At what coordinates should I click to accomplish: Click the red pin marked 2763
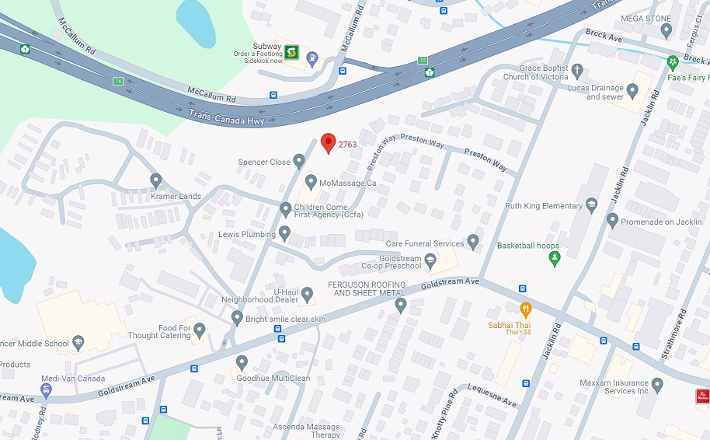pyautogui.click(x=328, y=142)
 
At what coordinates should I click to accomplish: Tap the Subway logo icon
pyautogui.click(x=291, y=52)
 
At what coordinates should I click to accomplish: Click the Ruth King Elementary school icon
pyautogui.click(x=591, y=205)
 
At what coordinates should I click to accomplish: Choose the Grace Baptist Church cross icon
pyautogui.click(x=576, y=72)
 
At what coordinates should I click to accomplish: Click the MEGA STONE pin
pyautogui.click(x=666, y=30)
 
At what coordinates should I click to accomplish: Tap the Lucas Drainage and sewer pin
pyautogui.click(x=632, y=91)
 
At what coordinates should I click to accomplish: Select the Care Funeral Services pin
pyautogui.click(x=474, y=243)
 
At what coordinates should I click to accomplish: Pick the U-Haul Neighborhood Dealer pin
pyautogui.click(x=307, y=295)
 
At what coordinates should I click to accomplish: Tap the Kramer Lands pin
pyautogui.click(x=156, y=181)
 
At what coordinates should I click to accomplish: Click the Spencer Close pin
pyautogui.click(x=299, y=162)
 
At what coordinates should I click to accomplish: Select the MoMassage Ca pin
pyautogui.click(x=311, y=183)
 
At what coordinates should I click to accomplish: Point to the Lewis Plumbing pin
pyautogui.click(x=285, y=233)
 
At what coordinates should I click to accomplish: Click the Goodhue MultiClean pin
pyautogui.click(x=242, y=362)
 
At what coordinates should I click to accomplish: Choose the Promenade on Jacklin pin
pyautogui.click(x=612, y=221)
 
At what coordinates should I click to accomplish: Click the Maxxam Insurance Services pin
pyautogui.click(x=657, y=385)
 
